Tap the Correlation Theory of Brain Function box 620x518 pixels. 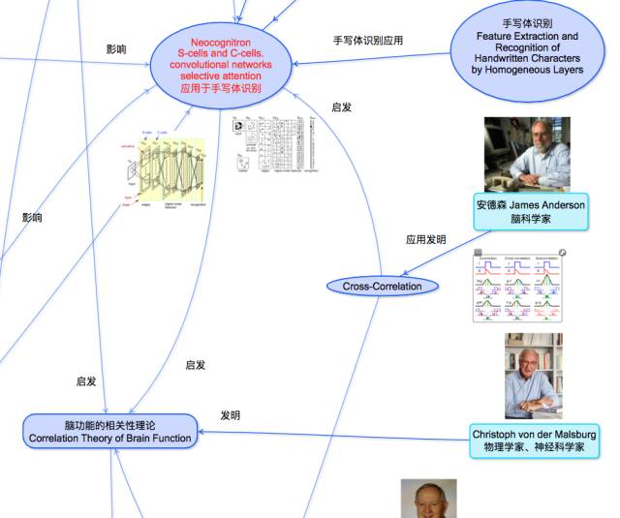[108, 432]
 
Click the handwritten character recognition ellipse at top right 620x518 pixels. [527, 47]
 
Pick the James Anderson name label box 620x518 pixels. [531, 212]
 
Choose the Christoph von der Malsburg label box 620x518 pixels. [534, 441]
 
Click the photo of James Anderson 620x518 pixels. [527, 155]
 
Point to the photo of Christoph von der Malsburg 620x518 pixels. [533, 377]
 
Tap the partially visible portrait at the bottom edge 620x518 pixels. [429, 500]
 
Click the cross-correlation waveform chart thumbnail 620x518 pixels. [518, 286]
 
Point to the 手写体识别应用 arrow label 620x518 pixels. [368, 41]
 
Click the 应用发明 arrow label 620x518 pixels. [426, 239]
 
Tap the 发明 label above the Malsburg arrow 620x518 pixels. [230, 415]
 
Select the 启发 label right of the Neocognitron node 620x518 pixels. [341, 107]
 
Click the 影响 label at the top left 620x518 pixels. [116, 48]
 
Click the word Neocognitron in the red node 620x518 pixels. [221, 43]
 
